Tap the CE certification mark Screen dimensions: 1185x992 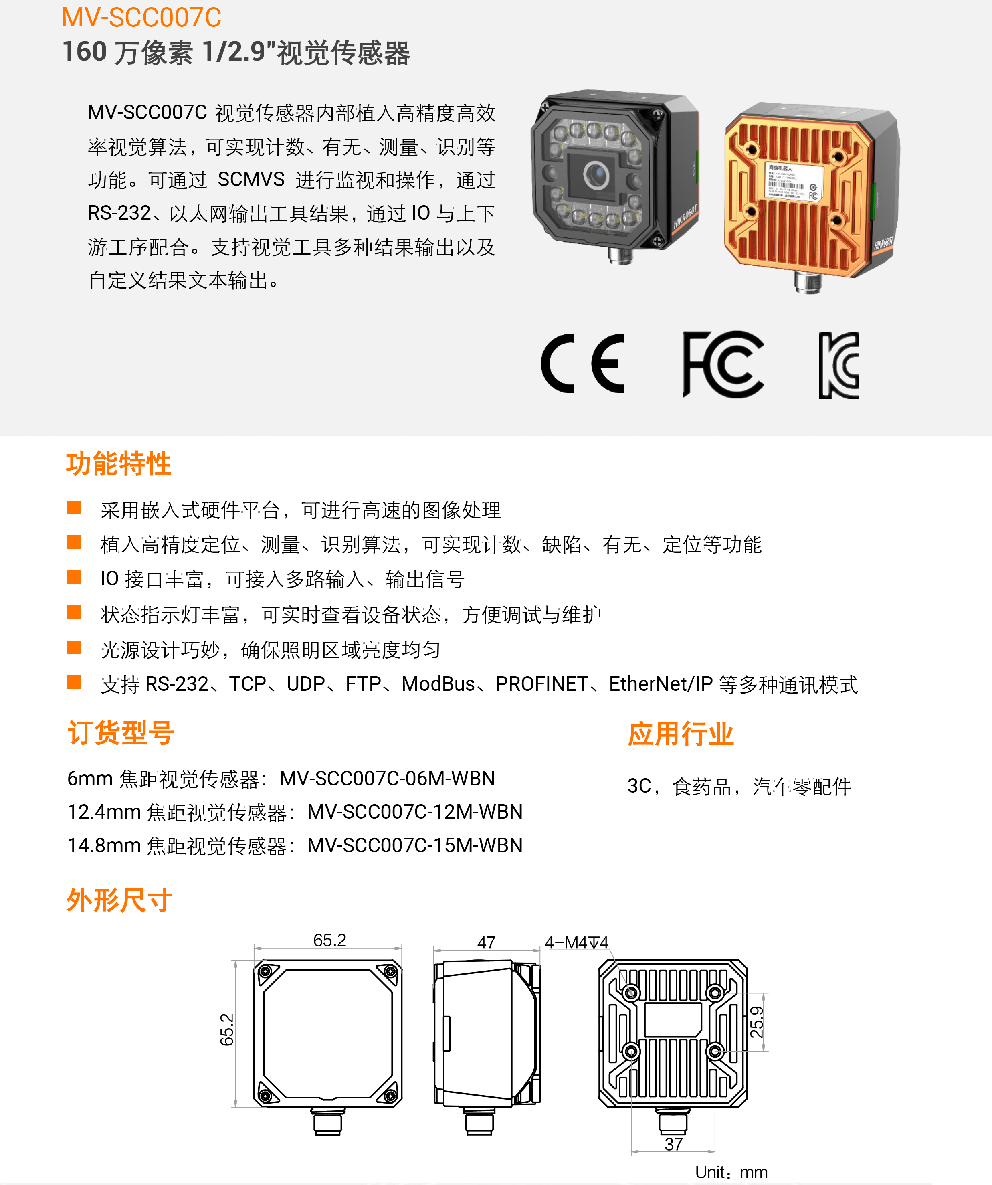tap(583, 364)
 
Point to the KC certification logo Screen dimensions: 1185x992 tap(839, 366)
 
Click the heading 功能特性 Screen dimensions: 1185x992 tap(119, 464)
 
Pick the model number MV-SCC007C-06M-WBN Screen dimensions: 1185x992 tap(387, 779)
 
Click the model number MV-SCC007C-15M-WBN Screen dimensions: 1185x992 tap(415, 845)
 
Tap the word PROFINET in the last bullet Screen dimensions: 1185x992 tap(542, 684)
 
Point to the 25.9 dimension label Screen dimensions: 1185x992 tap(757, 1022)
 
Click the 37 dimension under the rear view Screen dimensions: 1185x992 tap(674, 1145)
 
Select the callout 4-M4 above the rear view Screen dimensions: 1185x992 tap(576, 942)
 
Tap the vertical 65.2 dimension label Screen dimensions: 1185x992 tap(227, 1030)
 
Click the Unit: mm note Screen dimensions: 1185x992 tap(731, 1172)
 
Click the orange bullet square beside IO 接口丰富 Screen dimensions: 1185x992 tap(74, 577)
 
